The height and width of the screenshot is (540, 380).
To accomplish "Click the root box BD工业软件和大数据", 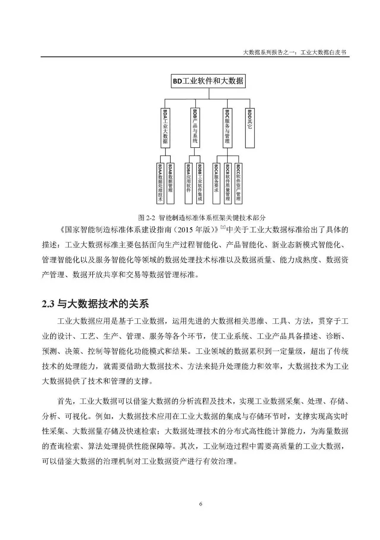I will click(x=209, y=81).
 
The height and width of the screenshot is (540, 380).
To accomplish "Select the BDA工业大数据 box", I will click(x=165, y=128).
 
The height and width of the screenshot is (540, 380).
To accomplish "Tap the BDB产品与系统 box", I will click(x=195, y=128).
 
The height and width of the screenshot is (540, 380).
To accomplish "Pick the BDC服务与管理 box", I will click(x=227, y=128).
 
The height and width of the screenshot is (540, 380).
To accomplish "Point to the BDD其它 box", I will click(x=250, y=128).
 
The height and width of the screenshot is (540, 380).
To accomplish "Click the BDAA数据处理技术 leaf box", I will click(x=160, y=183).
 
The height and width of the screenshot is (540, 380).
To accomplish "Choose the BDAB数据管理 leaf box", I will click(x=170, y=183).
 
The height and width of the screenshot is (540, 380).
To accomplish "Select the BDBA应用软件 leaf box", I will click(x=189, y=183).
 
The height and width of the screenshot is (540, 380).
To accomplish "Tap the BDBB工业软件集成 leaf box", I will click(x=199, y=183).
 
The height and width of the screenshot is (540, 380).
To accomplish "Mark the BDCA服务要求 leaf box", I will click(x=216, y=183).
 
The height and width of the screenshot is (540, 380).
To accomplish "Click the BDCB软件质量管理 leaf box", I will click(x=228, y=183).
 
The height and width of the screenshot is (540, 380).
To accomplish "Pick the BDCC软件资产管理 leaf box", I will click(x=238, y=183).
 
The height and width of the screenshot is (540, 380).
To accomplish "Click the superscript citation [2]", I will click(x=223, y=228).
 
